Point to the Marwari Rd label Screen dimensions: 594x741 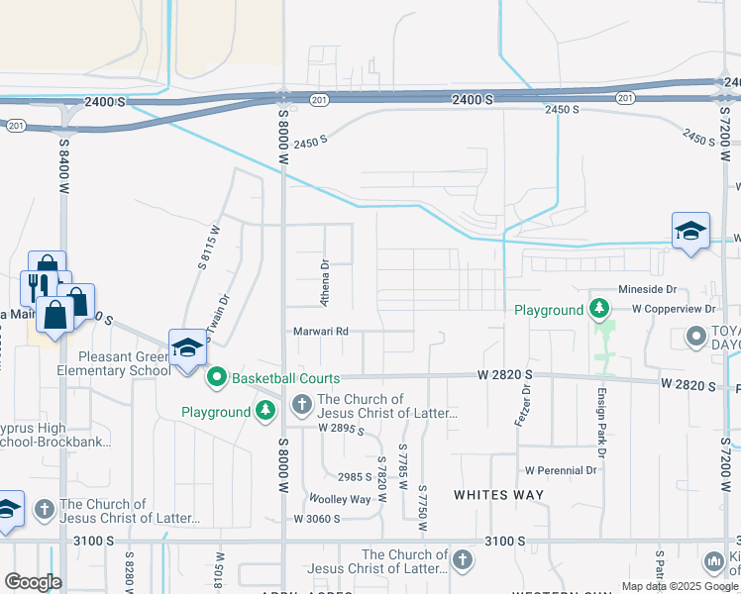click(x=319, y=332)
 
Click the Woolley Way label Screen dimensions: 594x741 click(x=340, y=498)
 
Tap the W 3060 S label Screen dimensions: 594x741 click(x=317, y=519)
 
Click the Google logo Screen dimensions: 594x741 click(x=33, y=582)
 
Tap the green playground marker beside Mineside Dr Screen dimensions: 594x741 click(x=598, y=310)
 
